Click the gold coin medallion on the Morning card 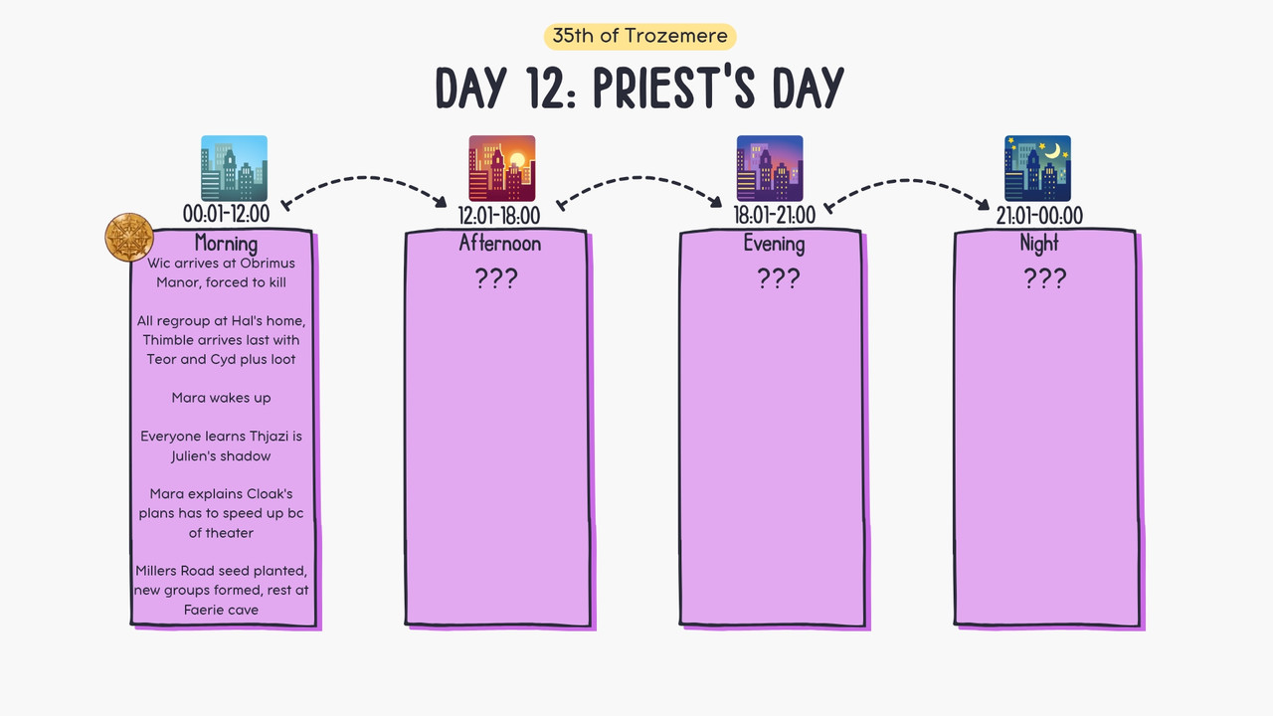point(129,237)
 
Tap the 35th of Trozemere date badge point(639,37)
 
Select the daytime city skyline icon point(234,168)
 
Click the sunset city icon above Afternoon point(502,168)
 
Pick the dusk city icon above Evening point(770,168)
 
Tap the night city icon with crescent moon point(1037,168)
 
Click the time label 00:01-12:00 point(226,214)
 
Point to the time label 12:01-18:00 point(499,216)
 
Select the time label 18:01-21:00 point(774,216)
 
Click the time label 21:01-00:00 point(1039,216)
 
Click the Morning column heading point(226,244)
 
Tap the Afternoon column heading point(500,244)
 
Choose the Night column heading point(1039,244)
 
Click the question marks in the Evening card point(779,278)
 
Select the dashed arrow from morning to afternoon point(364,178)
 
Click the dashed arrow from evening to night point(906,181)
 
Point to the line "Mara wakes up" point(221,398)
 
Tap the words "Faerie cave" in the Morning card point(221,610)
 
